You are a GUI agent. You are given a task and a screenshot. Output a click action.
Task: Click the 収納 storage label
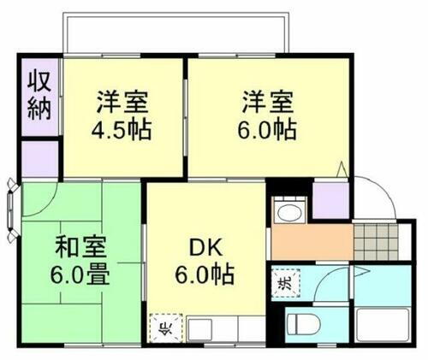(x=39, y=96)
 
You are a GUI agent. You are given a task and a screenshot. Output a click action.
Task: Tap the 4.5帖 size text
(x=121, y=129)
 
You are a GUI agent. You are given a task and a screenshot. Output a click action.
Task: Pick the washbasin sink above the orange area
(x=289, y=213)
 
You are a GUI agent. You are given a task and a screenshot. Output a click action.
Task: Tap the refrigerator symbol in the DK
(x=164, y=328)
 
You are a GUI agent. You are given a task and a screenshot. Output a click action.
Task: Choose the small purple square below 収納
(x=39, y=157)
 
